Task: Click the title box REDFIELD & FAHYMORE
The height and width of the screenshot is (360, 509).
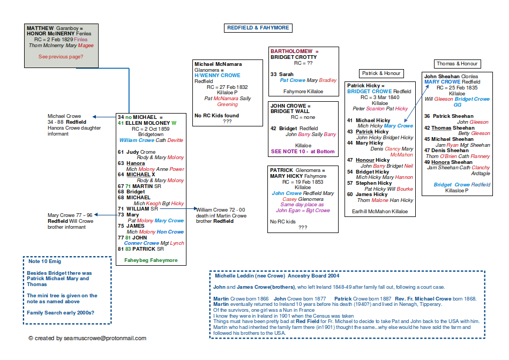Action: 258,28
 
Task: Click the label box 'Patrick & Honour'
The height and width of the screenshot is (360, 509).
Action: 381,73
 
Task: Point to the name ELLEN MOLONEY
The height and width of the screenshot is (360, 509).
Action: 147,123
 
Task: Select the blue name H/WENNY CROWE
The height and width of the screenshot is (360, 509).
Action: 218,76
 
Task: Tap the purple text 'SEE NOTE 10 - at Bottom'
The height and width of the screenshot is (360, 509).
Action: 303,152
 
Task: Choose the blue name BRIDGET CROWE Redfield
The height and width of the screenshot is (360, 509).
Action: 371,92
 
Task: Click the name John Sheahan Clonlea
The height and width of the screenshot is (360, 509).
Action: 451,77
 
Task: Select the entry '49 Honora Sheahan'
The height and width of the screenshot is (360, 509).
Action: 448,162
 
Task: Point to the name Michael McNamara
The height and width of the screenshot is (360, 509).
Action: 218,64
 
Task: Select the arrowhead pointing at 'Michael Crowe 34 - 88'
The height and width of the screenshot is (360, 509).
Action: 94,116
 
